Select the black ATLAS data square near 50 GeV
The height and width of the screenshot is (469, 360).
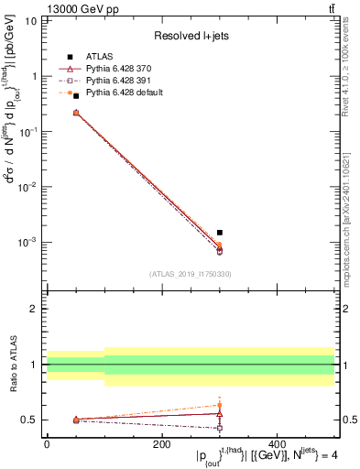[x=76, y=95]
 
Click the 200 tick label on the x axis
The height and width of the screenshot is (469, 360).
[x=162, y=444]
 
